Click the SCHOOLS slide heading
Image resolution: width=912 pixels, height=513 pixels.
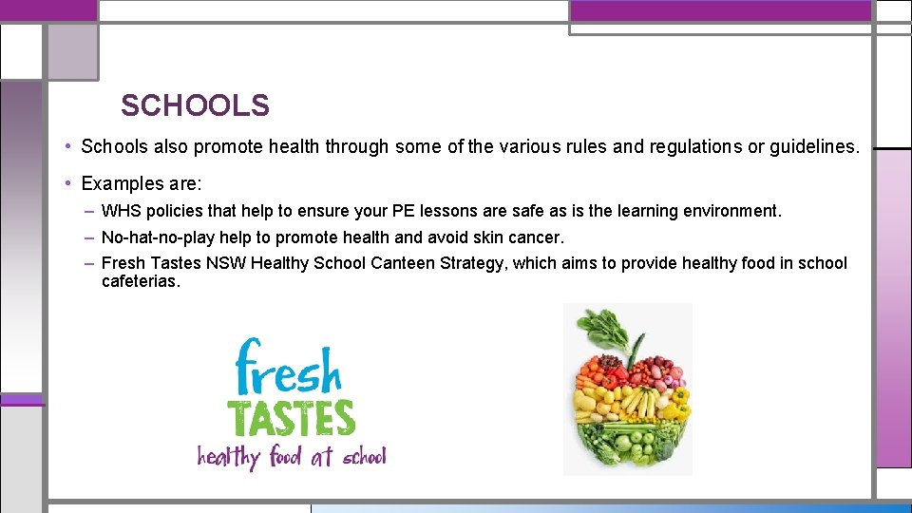click(195, 105)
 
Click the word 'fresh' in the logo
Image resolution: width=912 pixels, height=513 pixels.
click(287, 368)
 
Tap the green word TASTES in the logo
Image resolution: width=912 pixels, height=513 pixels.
click(291, 417)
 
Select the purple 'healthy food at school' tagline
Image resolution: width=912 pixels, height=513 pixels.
click(292, 457)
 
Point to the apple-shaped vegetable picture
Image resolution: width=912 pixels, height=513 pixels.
click(628, 389)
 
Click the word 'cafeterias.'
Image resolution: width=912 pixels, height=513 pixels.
click(141, 281)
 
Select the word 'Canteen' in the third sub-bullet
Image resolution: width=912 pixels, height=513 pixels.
click(403, 263)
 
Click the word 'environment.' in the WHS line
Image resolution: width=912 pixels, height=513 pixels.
click(732, 211)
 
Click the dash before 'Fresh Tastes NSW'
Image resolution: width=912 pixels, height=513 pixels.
click(88, 263)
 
